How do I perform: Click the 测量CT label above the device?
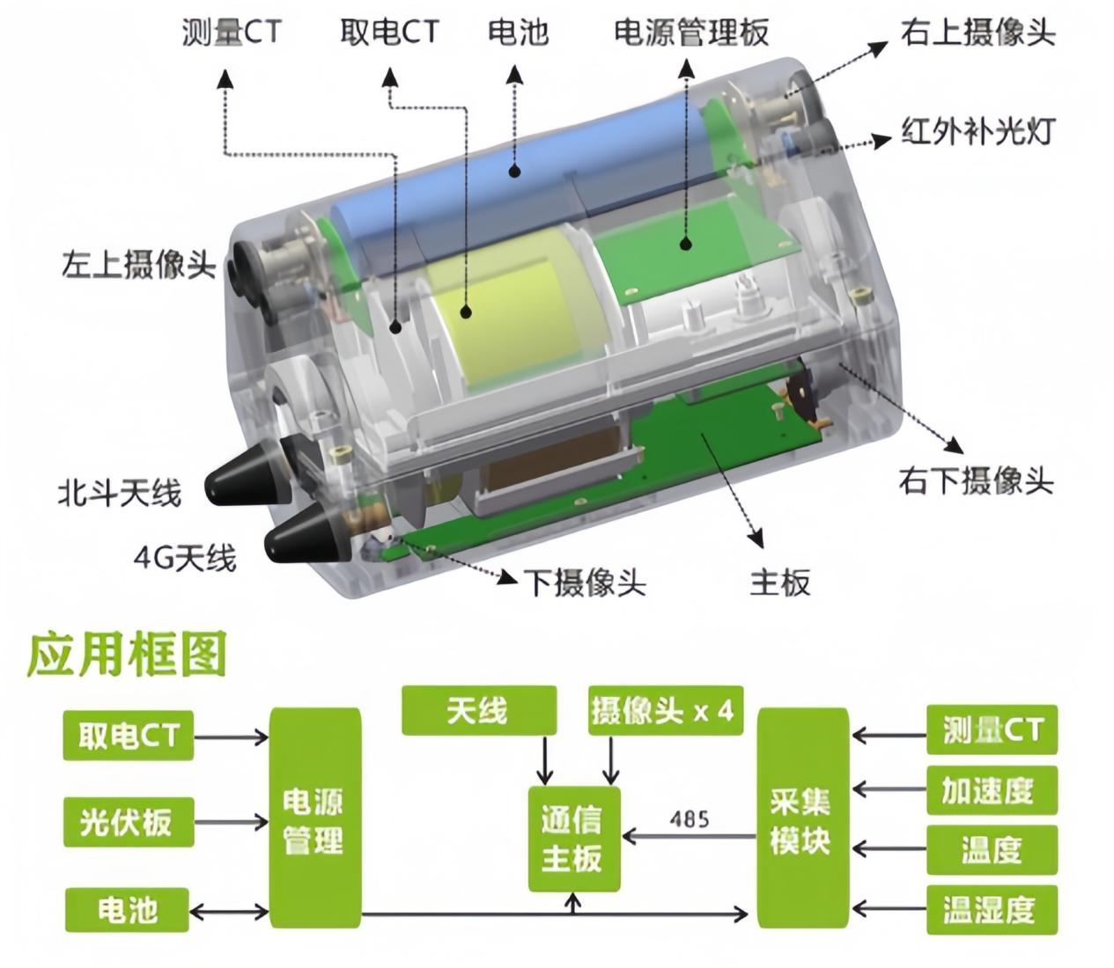[x=232, y=32]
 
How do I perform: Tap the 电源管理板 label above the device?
[x=691, y=32]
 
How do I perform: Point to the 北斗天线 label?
[x=120, y=493]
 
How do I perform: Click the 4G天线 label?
[x=185, y=558]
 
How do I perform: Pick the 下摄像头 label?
[x=585, y=583]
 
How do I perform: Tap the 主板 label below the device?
[x=780, y=583]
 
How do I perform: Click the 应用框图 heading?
[x=127, y=655]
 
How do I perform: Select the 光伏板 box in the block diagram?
[x=129, y=822]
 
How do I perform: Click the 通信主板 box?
[x=574, y=839]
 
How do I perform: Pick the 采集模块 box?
[x=803, y=821]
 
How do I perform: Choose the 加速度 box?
[x=992, y=790]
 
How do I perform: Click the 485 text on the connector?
[x=690, y=819]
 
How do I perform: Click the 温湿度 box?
[x=992, y=910]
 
